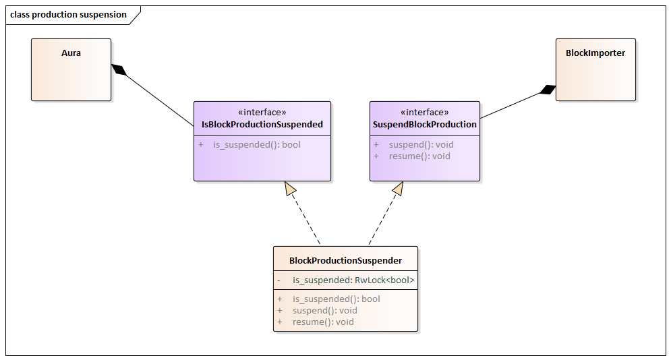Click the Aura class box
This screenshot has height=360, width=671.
[x=71, y=69]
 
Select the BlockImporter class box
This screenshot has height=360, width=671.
[x=595, y=69]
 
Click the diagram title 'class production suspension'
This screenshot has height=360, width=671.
[x=68, y=14]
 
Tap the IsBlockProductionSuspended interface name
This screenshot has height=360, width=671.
[x=262, y=125]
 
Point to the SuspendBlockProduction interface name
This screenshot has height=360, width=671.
[x=425, y=125]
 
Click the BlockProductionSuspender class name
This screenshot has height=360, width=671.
[x=345, y=260]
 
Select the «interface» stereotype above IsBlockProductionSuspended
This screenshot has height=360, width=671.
[x=262, y=113]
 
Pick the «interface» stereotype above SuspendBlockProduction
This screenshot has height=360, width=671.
[x=425, y=113]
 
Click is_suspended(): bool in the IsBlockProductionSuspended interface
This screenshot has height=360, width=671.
[x=257, y=145]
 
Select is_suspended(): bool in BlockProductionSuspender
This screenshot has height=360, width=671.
[x=336, y=299]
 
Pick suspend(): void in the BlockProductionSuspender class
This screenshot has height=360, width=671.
[x=324, y=311]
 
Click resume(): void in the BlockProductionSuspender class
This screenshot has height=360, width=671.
[x=322, y=322]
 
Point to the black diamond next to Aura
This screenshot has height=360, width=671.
[x=119, y=69]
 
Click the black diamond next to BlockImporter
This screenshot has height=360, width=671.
[x=548, y=90]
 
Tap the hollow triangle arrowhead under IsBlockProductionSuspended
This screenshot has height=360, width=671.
[x=291, y=189]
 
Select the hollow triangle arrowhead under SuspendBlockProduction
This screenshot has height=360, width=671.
[x=397, y=189]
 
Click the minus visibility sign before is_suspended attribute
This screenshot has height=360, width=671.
[x=279, y=280]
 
